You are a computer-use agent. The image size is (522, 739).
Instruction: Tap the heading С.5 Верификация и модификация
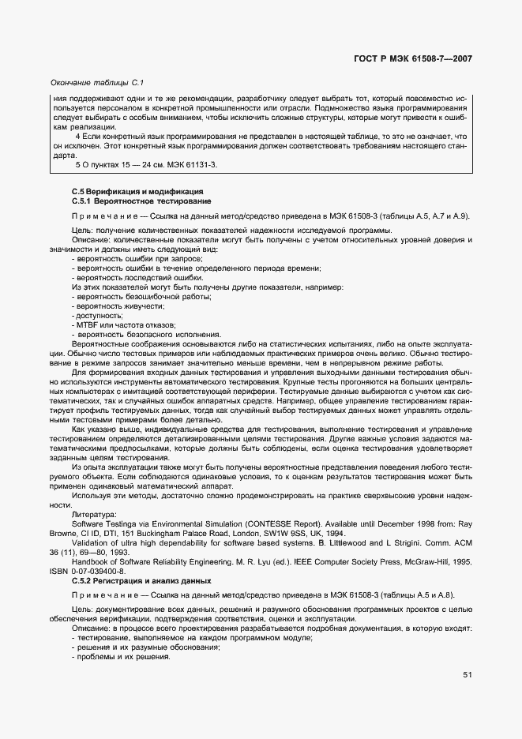126,192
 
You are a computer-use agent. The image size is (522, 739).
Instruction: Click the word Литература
94,514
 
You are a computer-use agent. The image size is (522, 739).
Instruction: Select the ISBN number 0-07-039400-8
93,572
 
